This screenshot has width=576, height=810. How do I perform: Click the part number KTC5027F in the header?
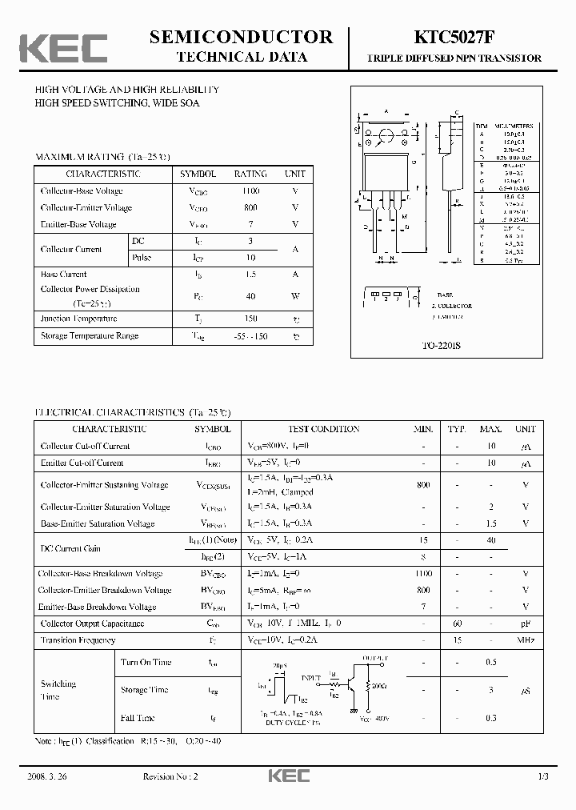pyautogui.click(x=454, y=38)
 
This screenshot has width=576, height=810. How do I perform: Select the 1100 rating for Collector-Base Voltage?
pyautogui.click(x=250, y=191)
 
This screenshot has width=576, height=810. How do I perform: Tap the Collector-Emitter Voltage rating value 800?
pyautogui.click(x=250, y=208)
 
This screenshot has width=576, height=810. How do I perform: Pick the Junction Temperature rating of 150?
pyautogui.click(x=250, y=319)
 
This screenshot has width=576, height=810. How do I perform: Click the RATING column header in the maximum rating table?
pyautogui.click(x=250, y=174)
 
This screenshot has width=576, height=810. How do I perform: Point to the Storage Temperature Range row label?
pyautogui.click(x=90, y=336)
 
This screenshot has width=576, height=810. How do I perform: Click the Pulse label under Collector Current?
pyautogui.click(x=142, y=258)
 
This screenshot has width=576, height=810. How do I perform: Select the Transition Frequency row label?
pyautogui.click(x=78, y=640)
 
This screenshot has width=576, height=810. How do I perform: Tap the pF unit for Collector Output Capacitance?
pyautogui.click(x=526, y=624)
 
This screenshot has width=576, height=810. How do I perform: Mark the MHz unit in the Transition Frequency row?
pyautogui.click(x=526, y=640)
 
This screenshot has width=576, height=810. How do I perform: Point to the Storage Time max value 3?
pyautogui.click(x=490, y=690)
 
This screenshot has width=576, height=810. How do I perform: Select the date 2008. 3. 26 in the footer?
pyautogui.click(x=54, y=777)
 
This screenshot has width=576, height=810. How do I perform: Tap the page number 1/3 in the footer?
pyautogui.click(x=543, y=777)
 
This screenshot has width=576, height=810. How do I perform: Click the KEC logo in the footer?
pyautogui.click(x=288, y=777)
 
